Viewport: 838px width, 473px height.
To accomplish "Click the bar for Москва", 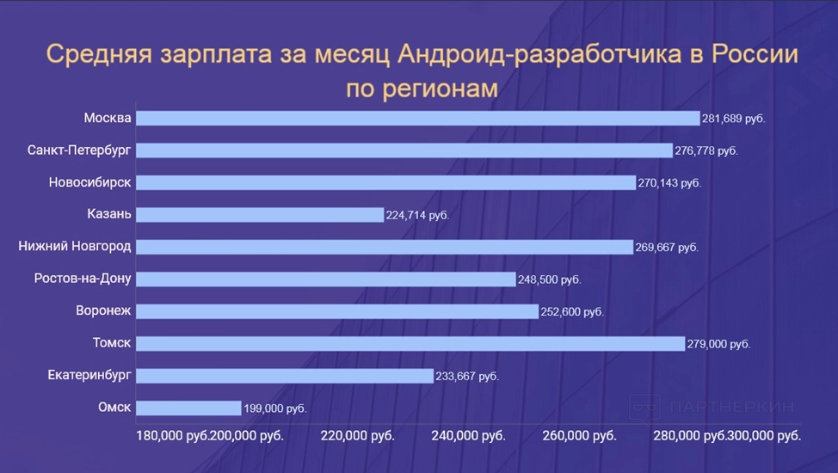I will click(x=417, y=118).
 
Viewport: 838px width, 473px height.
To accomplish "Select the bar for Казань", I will click(x=259, y=214).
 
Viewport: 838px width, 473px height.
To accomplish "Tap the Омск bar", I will click(x=188, y=408).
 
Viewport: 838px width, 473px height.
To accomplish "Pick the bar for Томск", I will click(x=410, y=343).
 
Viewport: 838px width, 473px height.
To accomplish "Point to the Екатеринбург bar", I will click(x=285, y=376).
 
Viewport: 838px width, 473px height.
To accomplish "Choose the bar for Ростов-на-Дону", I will click(x=326, y=279).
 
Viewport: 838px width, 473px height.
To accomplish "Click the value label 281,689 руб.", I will click(x=734, y=119).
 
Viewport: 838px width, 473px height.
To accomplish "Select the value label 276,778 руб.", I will click(x=706, y=150).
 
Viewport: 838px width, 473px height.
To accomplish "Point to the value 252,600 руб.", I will click(x=573, y=312).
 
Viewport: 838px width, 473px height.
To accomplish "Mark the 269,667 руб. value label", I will click(x=667, y=248).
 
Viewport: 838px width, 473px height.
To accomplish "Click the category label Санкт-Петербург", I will click(x=79, y=150).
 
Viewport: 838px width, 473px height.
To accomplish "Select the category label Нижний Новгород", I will click(x=75, y=247).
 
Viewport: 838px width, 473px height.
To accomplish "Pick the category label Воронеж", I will click(x=103, y=311).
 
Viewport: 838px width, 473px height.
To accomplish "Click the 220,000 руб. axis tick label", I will click(x=357, y=436).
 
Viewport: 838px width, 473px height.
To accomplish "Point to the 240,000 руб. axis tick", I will click(x=468, y=436).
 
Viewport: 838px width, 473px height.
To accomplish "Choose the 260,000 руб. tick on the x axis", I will click(x=579, y=436).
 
